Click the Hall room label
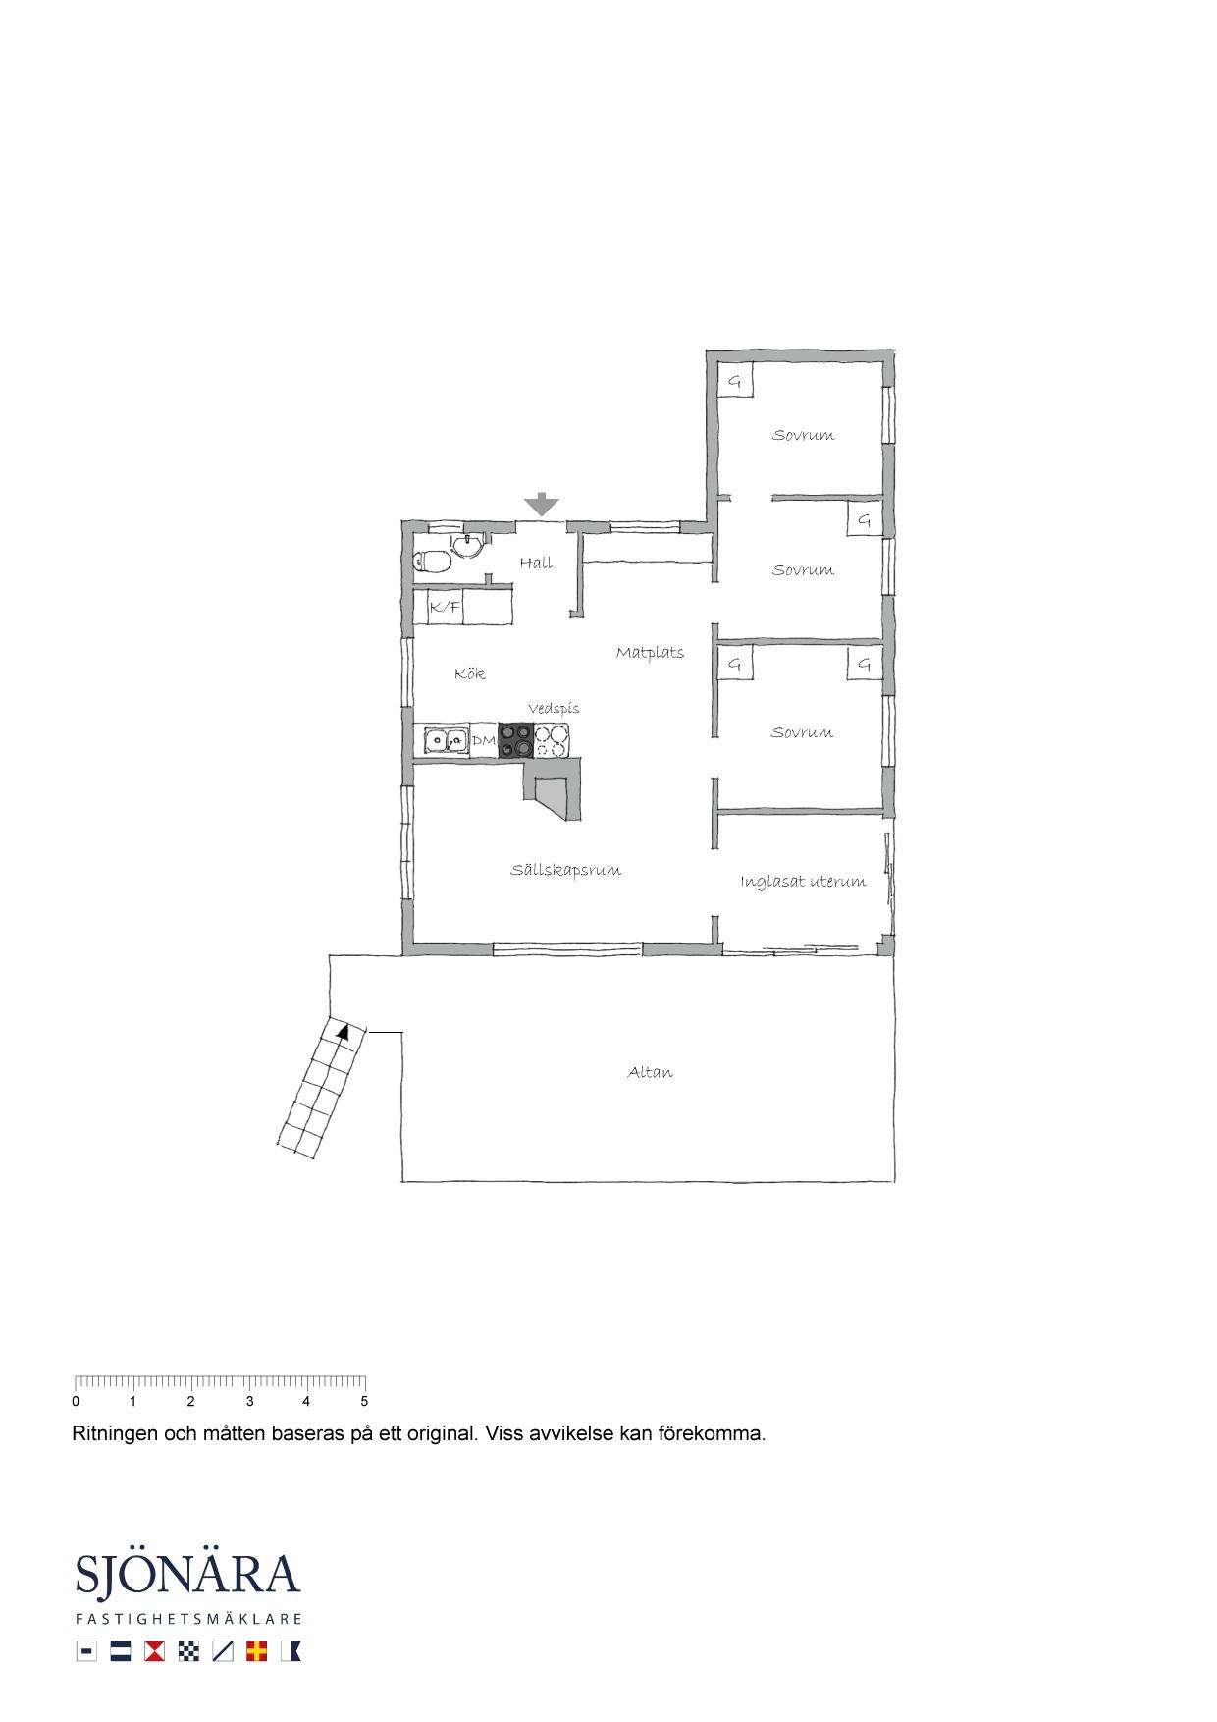pos(536,563)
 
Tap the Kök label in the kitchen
pos(470,673)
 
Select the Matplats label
pos(650,652)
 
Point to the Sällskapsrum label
pos(565,870)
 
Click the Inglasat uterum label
pos(803,881)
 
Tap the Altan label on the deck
pos(650,1072)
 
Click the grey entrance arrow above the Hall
pos(541,505)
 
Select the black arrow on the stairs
pos(343,1031)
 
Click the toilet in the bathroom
pos(431,561)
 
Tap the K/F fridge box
pos(446,608)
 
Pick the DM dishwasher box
pos(484,740)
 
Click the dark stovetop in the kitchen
pos(516,740)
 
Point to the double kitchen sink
pos(447,740)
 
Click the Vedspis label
pos(554,708)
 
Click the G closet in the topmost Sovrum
pos(734,381)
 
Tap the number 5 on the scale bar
pos(364,1402)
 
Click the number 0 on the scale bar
pos(76,1402)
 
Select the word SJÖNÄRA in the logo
pos(187,1575)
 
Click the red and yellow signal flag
pos(257,1651)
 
